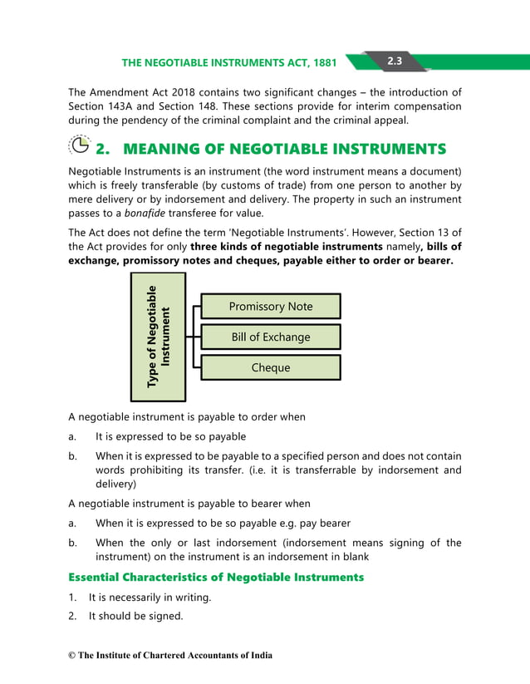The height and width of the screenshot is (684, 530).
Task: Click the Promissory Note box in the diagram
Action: (271, 306)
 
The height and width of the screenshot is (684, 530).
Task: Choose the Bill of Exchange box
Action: (271, 337)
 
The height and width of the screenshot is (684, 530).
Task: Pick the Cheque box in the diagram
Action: (271, 367)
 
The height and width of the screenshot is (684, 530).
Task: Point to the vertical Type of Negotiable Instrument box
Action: (158, 337)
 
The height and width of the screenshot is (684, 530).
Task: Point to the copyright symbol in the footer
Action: (71, 656)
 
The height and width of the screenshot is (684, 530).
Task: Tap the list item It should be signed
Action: (135, 616)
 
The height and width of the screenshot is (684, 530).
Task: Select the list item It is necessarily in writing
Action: (150, 597)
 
